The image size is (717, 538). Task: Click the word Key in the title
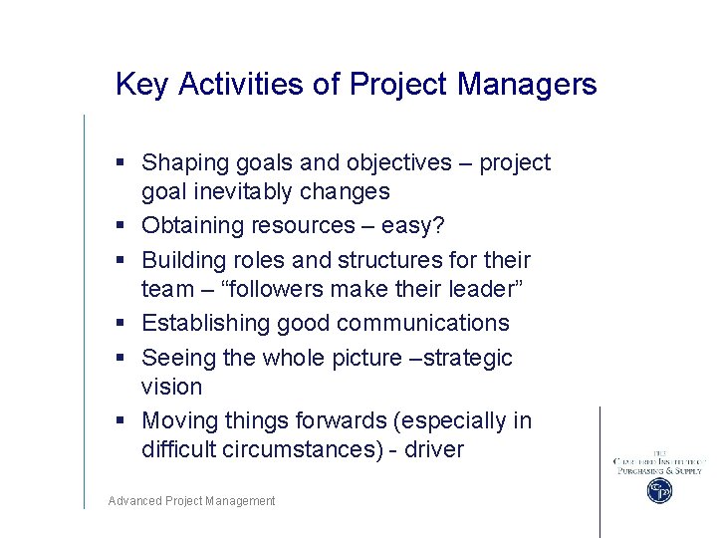coord(137,85)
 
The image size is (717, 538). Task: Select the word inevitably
coord(240,191)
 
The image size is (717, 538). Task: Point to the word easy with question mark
coord(412,226)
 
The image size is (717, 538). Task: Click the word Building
coord(182,260)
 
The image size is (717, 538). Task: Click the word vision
coord(171,387)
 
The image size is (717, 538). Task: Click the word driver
coord(432,449)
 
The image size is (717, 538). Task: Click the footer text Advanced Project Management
coord(191,501)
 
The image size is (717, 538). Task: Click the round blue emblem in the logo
coord(659,490)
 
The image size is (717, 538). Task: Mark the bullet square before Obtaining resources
coord(119,226)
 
